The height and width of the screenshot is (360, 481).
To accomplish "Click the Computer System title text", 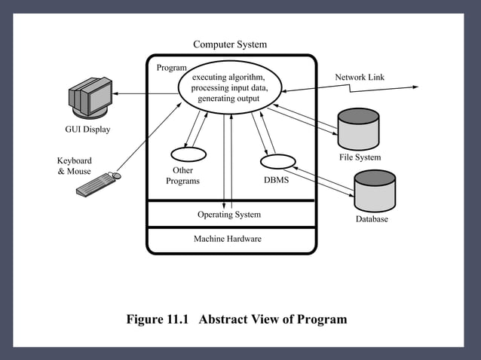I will (x=229, y=44).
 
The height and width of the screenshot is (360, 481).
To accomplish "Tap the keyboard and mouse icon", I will (x=98, y=185).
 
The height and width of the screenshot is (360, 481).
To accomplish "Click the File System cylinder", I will (x=358, y=129).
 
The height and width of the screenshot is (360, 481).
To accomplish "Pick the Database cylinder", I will (x=374, y=191).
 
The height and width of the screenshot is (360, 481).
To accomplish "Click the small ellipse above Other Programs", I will (x=188, y=154).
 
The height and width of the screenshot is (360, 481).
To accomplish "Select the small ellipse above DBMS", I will (x=277, y=161).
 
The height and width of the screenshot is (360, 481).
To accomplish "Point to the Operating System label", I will (x=229, y=215).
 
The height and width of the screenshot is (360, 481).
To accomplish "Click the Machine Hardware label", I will (x=229, y=239).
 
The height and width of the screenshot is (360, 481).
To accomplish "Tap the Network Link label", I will (x=360, y=78).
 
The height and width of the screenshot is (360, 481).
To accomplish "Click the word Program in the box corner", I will (x=171, y=68).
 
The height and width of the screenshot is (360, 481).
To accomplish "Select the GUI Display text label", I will (x=87, y=130).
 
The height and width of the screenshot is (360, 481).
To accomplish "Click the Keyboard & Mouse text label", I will (x=74, y=166).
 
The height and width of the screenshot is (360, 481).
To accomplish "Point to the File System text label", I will (x=360, y=157).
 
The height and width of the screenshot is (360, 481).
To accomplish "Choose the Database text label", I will (x=372, y=219).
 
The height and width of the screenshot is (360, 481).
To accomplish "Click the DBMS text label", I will (x=276, y=181).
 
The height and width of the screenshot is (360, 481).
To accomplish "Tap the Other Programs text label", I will (x=182, y=175).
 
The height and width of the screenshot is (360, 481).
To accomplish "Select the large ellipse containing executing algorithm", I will (x=229, y=88).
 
